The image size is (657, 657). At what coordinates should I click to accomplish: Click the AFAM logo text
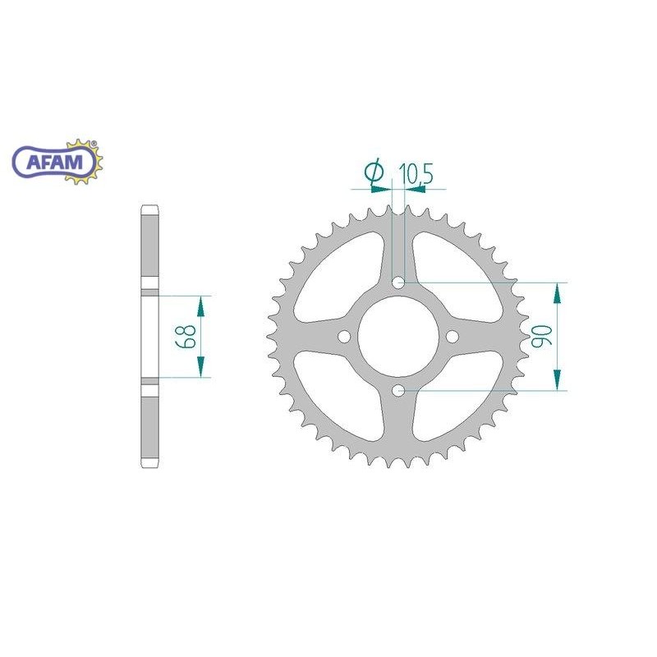coord(55,161)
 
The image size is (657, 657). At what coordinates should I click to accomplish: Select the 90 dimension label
coord(540,336)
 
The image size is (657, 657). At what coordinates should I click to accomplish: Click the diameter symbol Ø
coord(374,172)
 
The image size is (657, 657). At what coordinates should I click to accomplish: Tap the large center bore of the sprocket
coord(398,337)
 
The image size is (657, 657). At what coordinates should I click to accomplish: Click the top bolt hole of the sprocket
coord(398,283)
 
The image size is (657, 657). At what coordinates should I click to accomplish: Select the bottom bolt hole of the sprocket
coord(398,391)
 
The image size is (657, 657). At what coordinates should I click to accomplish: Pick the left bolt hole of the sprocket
coord(344,337)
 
